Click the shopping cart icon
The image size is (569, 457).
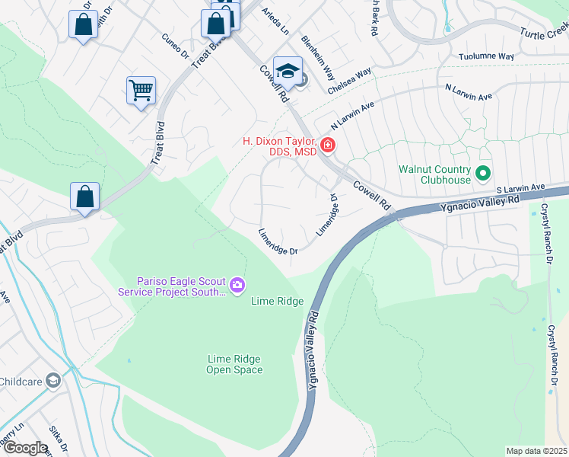point(141,91)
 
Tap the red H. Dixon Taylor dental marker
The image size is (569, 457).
point(327,144)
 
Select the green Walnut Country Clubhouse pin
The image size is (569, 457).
point(482,174)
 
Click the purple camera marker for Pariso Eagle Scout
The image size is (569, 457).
point(237,285)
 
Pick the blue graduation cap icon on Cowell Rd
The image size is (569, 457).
point(288,72)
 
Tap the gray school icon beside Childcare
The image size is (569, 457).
point(52,379)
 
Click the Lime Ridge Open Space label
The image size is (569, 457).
point(235,364)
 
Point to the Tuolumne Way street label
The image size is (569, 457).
point(487,56)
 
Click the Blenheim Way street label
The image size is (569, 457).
point(318,58)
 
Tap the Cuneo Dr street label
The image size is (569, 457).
point(174,46)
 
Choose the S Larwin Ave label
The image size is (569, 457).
point(520,187)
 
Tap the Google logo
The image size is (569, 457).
point(24,447)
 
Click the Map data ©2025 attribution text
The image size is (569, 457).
point(536,451)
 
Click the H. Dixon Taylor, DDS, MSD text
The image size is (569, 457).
point(278,146)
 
